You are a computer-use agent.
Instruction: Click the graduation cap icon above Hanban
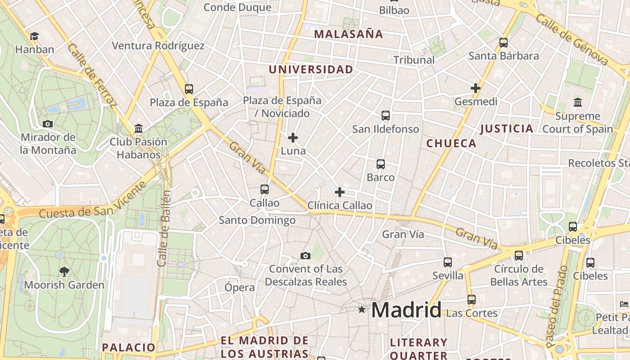click(x=34, y=36)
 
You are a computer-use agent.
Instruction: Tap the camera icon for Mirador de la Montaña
click(x=48, y=124)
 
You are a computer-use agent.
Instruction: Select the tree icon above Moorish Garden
click(x=64, y=271)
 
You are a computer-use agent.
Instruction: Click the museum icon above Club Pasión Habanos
click(x=139, y=128)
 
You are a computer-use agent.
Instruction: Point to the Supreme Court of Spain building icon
click(x=578, y=103)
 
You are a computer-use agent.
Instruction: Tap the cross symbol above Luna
click(x=293, y=137)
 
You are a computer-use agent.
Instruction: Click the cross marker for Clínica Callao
click(x=340, y=192)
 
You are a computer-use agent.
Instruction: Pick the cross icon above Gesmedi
click(x=476, y=88)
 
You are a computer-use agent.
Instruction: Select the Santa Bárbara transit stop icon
click(x=504, y=43)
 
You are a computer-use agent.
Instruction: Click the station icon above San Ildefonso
click(x=386, y=116)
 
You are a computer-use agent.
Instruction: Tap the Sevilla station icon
click(x=447, y=262)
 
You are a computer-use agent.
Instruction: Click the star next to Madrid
click(x=362, y=310)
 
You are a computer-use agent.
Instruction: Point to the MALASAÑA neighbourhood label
click(x=348, y=34)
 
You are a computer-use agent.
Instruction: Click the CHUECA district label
click(x=451, y=144)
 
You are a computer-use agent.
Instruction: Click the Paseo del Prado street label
click(x=557, y=306)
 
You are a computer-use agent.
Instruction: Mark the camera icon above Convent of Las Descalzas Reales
click(x=306, y=256)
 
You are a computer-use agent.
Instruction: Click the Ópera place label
click(x=240, y=288)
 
